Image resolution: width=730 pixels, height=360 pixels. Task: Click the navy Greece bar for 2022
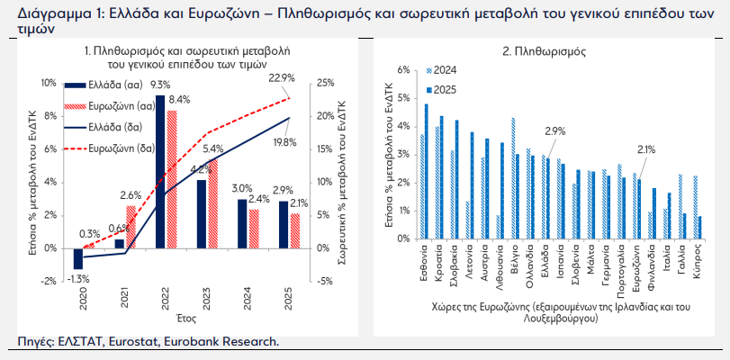[160, 171]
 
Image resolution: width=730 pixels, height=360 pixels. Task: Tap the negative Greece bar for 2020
[77, 258]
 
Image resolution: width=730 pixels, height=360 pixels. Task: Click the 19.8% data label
[284, 141]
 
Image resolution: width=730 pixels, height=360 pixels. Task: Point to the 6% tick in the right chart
[403, 70]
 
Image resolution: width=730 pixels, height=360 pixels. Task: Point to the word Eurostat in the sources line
[132, 341]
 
